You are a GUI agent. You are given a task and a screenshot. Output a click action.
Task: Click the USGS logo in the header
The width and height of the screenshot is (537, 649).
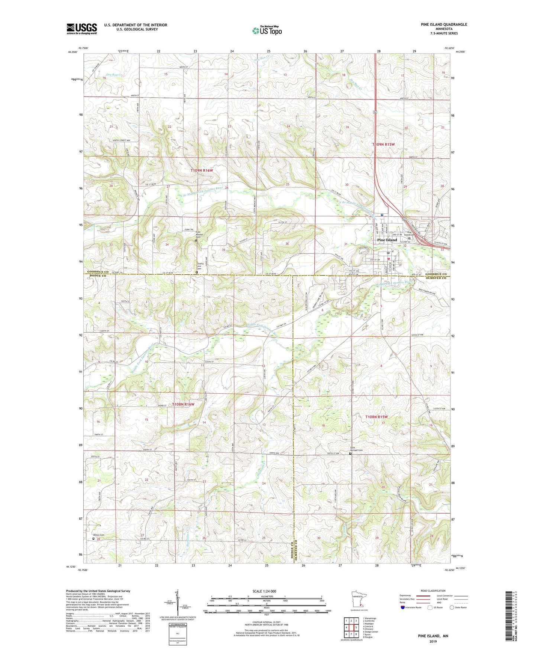click(82, 29)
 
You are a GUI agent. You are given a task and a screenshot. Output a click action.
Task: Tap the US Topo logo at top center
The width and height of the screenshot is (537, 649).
click(266, 30)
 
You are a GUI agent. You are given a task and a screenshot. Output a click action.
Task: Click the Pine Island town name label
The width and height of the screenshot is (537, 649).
click(387, 240)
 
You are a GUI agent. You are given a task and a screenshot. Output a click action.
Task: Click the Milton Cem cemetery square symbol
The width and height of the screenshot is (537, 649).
click(93, 538)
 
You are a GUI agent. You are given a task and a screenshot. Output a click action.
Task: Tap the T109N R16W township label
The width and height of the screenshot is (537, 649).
click(202, 170)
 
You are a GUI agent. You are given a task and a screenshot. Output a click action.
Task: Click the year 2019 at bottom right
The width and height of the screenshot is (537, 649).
click(433, 642)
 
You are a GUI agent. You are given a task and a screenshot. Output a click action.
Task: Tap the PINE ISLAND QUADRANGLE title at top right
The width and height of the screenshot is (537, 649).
click(444, 25)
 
